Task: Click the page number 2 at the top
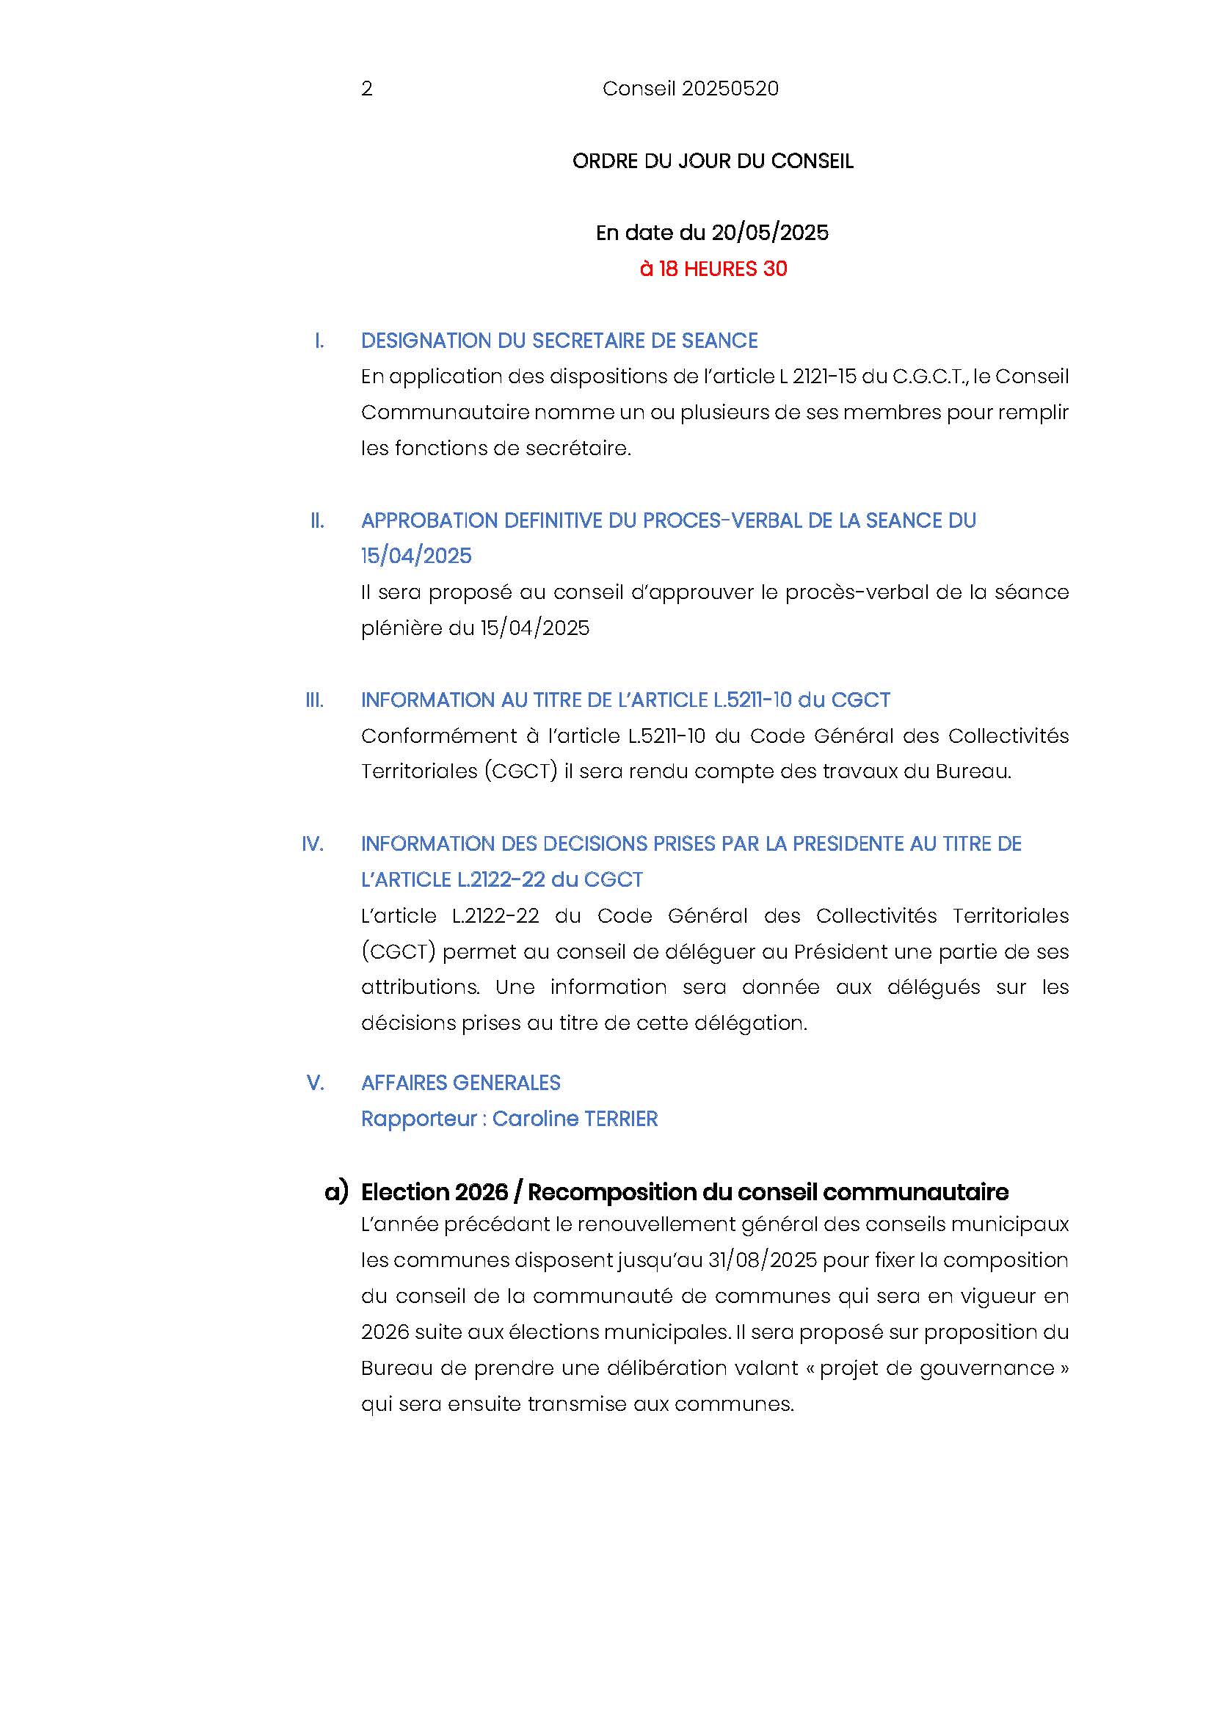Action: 366,89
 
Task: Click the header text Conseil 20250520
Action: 690,89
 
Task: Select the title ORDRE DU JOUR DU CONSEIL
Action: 713,161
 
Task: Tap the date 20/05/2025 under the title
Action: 770,233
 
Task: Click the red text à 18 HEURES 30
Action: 713,269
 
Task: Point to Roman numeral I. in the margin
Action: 319,341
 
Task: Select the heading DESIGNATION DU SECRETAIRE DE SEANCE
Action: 559,341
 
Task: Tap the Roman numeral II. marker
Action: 317,520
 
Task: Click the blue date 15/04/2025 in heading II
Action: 416,556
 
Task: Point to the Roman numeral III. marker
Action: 315,700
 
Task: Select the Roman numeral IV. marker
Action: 313,843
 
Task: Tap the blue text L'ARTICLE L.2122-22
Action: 453,879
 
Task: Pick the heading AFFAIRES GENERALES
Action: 460,1083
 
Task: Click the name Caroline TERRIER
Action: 575,1119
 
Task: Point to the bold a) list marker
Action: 336,1191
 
